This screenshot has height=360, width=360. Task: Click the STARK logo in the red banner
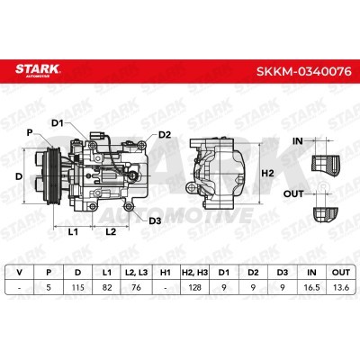pyautogui.click(x=38, y=70)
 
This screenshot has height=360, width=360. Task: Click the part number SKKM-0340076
pyautogui.click(x=303, y=71)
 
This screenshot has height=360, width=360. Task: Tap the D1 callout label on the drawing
pyautogui.click(x=58, y=123)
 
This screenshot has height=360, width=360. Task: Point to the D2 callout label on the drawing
pyautogui.click(x=165, y=135)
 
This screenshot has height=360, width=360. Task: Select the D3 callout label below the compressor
pyautogui.click(x=155, y=221)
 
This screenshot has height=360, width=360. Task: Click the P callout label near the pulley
pyautogui.click(x=30, y=132)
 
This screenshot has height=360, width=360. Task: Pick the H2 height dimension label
pyautogui.click(x=267, y=173)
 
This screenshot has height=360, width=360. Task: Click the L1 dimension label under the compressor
pyautogui.click(x=73, y=231)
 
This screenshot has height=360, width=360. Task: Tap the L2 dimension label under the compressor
pyautogui.click(x=111, y=231)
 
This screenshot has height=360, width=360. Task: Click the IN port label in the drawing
pyautogui.click(x=298, y=141)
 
